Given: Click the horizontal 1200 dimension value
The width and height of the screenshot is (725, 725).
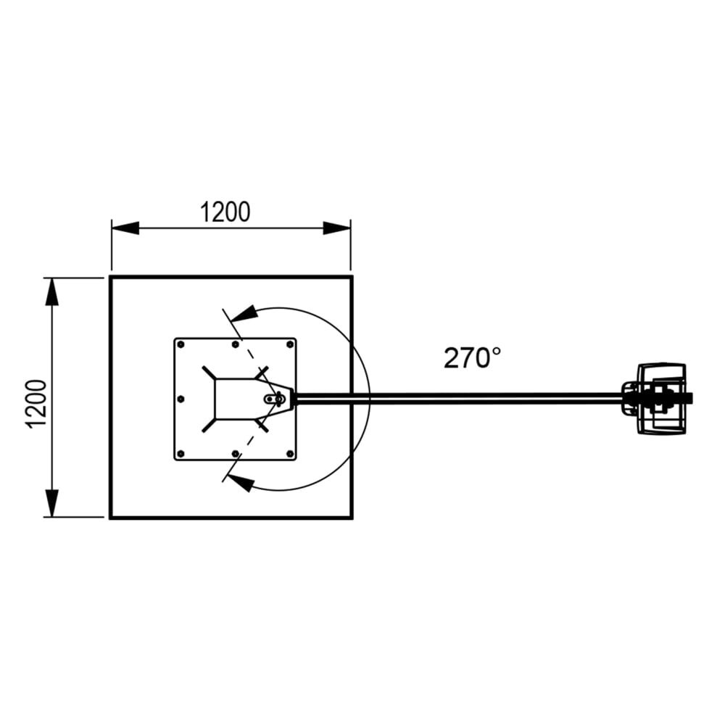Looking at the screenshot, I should [x=225, y=212].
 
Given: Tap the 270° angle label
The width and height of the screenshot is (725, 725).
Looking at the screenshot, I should [x=472, y=357].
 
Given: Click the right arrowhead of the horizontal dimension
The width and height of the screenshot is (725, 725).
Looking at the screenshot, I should [x=337, y=228].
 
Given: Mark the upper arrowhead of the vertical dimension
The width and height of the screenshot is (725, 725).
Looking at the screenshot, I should [x=51, y=291].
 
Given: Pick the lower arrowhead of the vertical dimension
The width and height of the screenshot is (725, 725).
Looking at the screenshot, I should [x=51, y=503].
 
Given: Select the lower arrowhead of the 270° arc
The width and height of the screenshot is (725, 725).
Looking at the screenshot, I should [x=242, y=482].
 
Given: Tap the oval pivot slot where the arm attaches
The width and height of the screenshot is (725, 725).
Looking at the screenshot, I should [x=275, y=398].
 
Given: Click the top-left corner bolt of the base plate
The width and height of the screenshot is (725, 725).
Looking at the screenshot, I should [x=181, y=344].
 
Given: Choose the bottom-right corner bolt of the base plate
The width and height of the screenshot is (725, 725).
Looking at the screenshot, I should [x=290, y=454].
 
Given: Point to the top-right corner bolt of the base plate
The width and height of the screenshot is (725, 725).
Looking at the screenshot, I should [x=290, y=344].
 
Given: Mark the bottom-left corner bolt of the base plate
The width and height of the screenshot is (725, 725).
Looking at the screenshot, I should [x=181, y=454].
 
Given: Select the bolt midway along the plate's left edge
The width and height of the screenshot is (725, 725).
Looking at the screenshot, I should [x=181, y=398].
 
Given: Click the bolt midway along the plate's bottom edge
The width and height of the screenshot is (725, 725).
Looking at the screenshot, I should [x=235, y=454].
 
